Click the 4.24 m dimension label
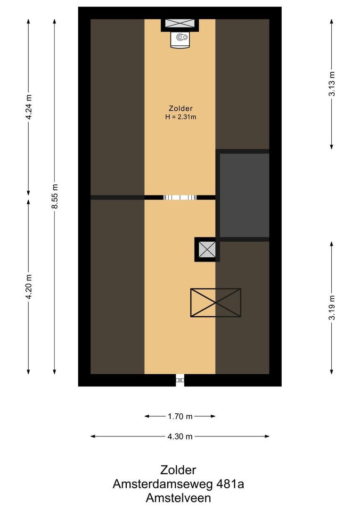[29, 108]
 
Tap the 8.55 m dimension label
[55, 197]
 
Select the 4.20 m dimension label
[29, 286]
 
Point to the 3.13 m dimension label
[332, 84]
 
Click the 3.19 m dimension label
[332, 308]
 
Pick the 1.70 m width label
[180, 416]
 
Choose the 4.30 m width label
[180, 436]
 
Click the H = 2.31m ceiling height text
[180, 117]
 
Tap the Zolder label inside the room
[180, 108]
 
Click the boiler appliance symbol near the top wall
[180, 39]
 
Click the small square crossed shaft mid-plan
[207, 249]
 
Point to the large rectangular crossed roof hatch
[215, 303]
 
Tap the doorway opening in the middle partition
[180, 197]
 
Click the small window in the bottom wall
[180, 379]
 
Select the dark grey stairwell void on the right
[244, 195]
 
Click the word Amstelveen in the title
[178, 498]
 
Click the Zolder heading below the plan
[178, 470]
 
